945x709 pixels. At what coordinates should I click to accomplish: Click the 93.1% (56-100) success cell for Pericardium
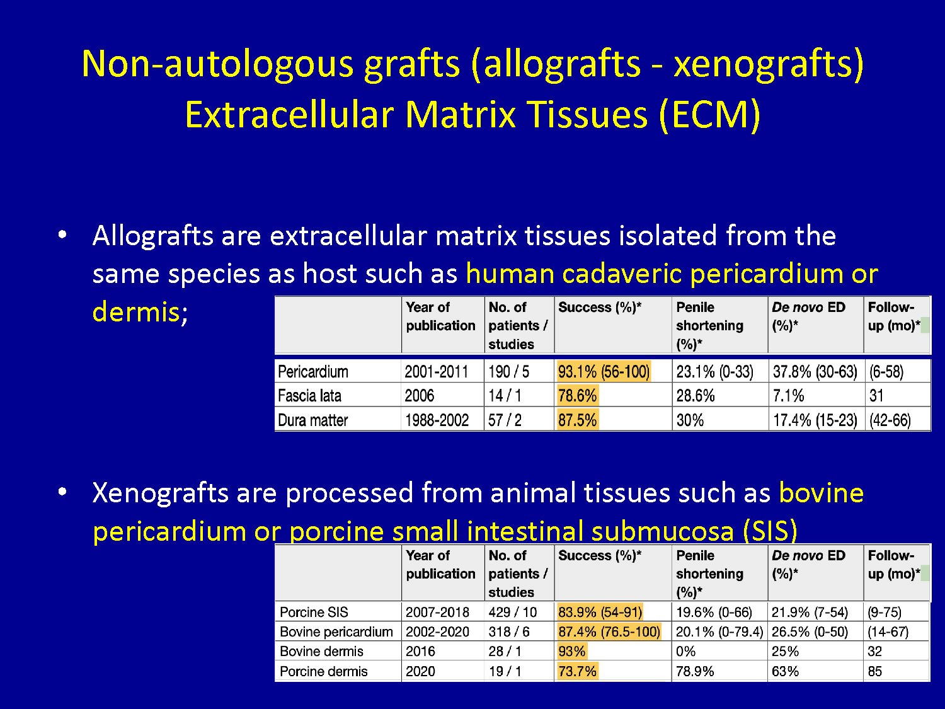(x=604, y=371)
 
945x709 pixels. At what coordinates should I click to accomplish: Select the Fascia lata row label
(x=309, y=396)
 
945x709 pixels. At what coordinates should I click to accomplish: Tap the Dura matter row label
(x=313, y=420)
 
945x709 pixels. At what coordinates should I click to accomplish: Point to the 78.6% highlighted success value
(x=577, y=395)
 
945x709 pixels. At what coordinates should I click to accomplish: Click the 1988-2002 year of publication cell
(x=437, y=420)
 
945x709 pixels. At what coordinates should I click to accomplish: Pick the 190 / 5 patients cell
(x=508, y=371)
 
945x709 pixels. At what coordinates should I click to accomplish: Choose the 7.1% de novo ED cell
(x=788, y=395)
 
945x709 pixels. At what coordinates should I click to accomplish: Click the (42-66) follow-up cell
(x=890, y=420)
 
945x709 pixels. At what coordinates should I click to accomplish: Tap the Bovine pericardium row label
(x=336, y=631)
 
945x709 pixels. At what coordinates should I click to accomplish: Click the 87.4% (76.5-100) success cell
(x=609, y=631)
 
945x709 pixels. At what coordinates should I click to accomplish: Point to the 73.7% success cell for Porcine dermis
(x=577, y=671)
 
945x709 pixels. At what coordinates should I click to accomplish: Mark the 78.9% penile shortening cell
(x=695, y=671)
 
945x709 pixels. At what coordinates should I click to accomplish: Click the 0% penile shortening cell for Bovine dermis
(x=685, y=651)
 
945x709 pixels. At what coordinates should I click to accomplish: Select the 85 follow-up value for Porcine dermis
(x=875, y=671)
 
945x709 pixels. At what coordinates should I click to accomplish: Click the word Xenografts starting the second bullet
(x=160, y=492)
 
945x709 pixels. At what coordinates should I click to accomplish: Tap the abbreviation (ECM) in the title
(x=710, y=115)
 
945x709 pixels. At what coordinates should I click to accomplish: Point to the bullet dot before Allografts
(x=62, y=234)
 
